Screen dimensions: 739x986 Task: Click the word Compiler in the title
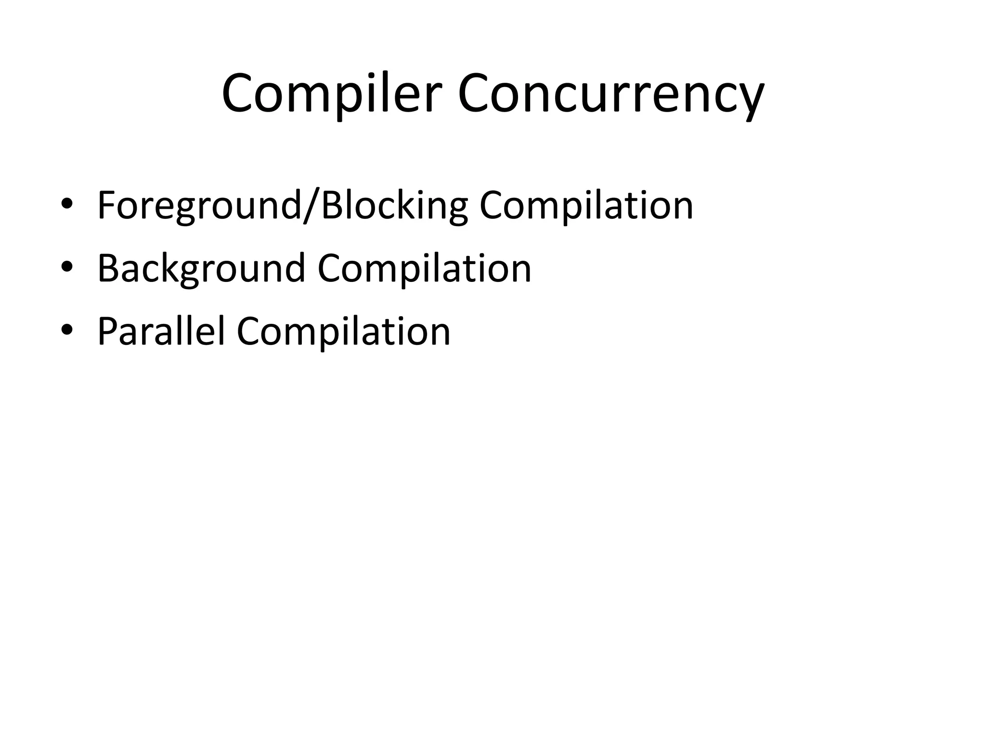(331, 94)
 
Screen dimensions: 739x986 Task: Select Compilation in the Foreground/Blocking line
(586, 206)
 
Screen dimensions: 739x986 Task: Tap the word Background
(201, 268)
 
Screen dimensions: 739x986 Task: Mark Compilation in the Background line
(424, 268)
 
